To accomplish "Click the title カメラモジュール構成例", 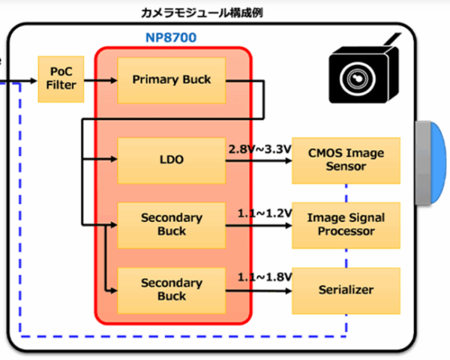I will (202, 12).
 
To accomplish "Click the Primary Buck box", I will (171, 79).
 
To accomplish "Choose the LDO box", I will (171, 160).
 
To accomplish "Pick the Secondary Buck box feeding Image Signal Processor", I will (171, 224).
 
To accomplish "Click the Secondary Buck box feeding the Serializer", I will (171, 289).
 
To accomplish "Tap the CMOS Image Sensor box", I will (346, 160).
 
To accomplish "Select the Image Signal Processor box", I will (346, 224).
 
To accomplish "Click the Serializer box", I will (346, 289).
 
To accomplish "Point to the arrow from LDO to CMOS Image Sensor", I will (258, 160).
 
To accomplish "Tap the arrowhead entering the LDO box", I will (112, 160).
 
